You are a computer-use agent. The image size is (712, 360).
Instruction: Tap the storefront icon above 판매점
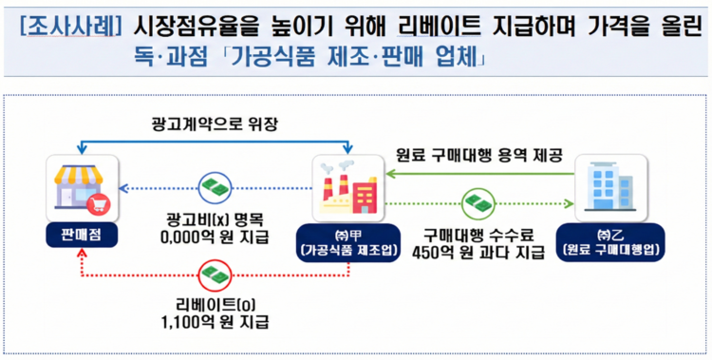83,185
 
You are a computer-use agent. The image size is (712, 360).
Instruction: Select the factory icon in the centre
345,185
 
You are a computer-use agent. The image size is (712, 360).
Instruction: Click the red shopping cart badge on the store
97,202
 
